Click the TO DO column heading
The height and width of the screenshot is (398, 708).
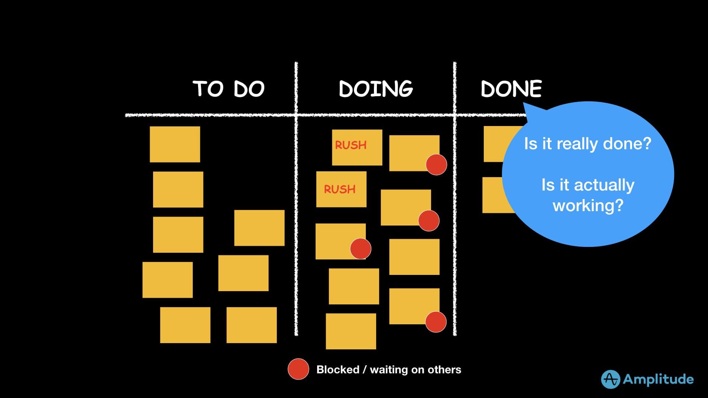tap(229, 89)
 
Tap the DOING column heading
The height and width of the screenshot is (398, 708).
tap(376, 89)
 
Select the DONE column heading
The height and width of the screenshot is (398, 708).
tap(511, 89)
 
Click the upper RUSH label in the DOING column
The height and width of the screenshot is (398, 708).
tap(351, 145)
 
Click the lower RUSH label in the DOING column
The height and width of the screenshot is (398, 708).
tap(340, 189)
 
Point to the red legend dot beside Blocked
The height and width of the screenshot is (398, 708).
tap(298, 369)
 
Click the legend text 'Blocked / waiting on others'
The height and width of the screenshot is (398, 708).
tap(389, 370)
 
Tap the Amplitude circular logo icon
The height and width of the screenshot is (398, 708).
tap(610, 379)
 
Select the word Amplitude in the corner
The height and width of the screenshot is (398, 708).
tap(658, 379)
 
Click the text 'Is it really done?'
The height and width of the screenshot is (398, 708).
tap(588, 144)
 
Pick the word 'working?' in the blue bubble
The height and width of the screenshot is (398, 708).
tap(588, 206)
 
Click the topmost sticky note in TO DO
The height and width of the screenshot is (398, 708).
tap(175, 144)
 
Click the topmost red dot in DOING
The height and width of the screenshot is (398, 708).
tap(436, 165)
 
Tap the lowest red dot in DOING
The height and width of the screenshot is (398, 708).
tap(436, 322)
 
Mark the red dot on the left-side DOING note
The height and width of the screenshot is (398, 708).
tap(360, 249)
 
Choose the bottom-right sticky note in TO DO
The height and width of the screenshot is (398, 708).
tap(251, 325)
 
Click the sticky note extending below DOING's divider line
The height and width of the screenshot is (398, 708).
tap(351, 331)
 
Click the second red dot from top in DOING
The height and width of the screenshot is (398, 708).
tap(429, 221)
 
